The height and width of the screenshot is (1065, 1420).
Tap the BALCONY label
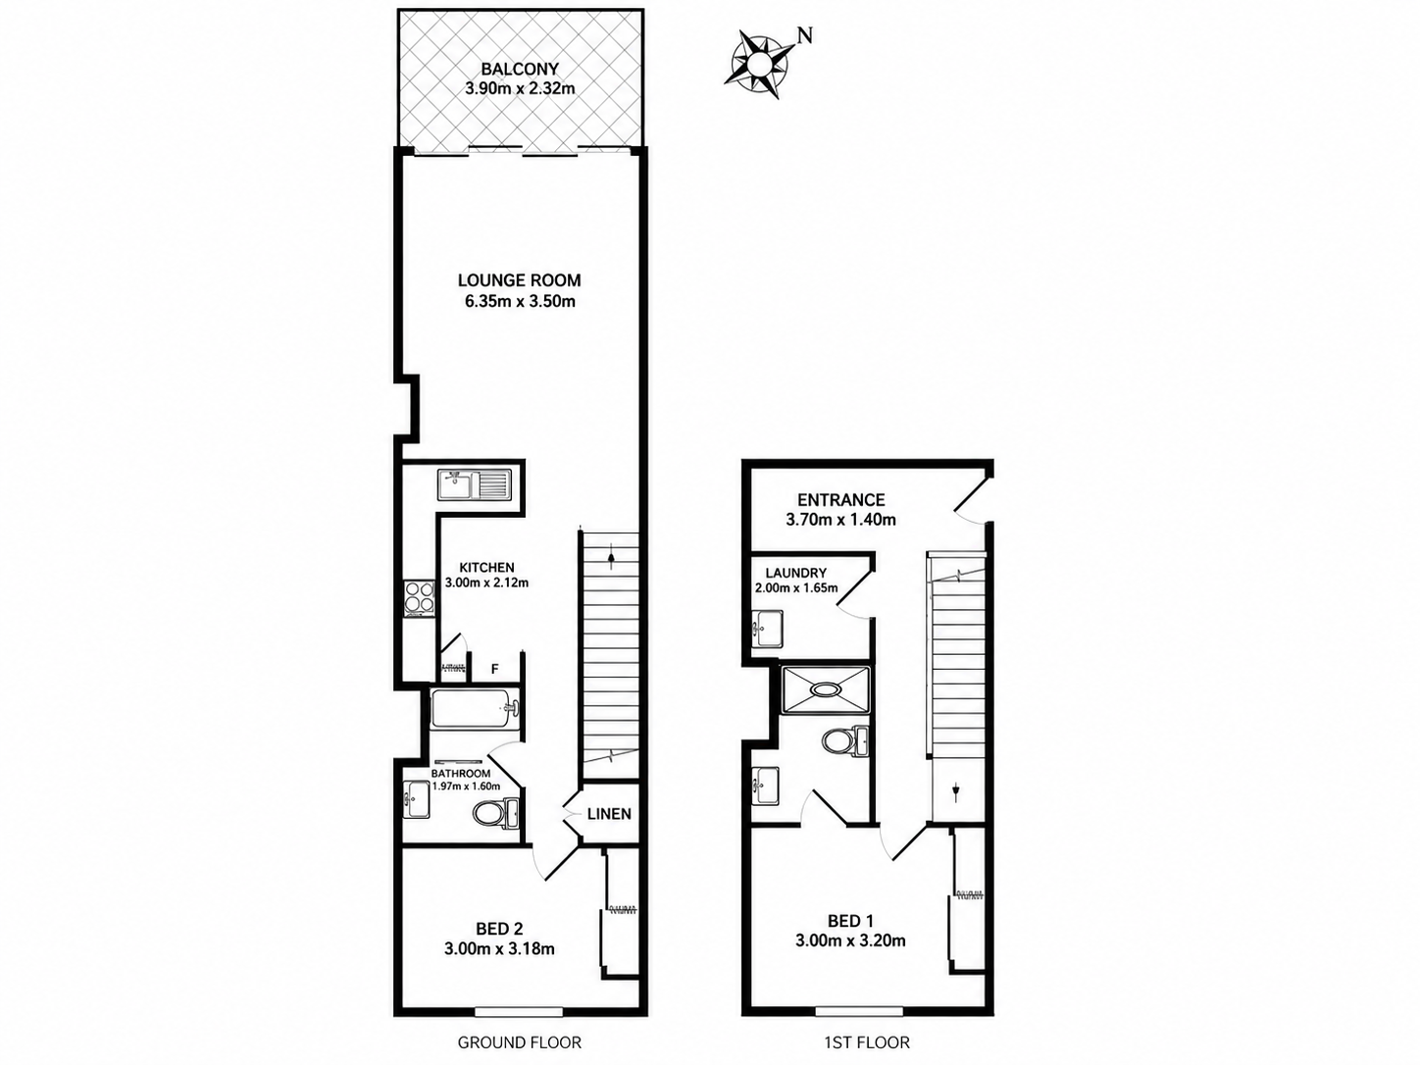[x=520, y=69]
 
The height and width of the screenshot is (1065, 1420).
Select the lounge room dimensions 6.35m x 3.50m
[x=520, y=301]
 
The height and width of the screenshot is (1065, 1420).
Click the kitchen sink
[x=476, y=484]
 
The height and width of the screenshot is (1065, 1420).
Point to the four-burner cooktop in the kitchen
[x=419, y=597]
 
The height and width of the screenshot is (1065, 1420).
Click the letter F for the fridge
[x=495, y=669]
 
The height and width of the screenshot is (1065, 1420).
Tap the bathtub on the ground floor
[x=476, y=710]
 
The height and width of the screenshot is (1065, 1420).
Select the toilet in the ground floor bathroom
[x=495, y=813]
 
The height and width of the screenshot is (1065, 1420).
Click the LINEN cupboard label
[x=609, y=814]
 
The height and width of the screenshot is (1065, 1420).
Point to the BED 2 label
[x=499, y=930]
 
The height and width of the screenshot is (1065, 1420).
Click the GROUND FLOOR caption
[x=520, y=1042]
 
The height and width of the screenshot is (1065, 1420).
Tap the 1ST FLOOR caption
[x=867, y=1042]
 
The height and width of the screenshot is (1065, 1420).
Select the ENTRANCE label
[x=841, y=500]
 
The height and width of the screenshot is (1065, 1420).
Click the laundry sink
[x=767, y=628]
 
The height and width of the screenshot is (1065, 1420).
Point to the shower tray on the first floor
[x=825, y=690]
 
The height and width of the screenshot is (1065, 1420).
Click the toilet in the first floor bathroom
[x=845, y=741]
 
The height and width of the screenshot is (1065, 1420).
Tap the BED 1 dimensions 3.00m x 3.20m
[x=850, y=940]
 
